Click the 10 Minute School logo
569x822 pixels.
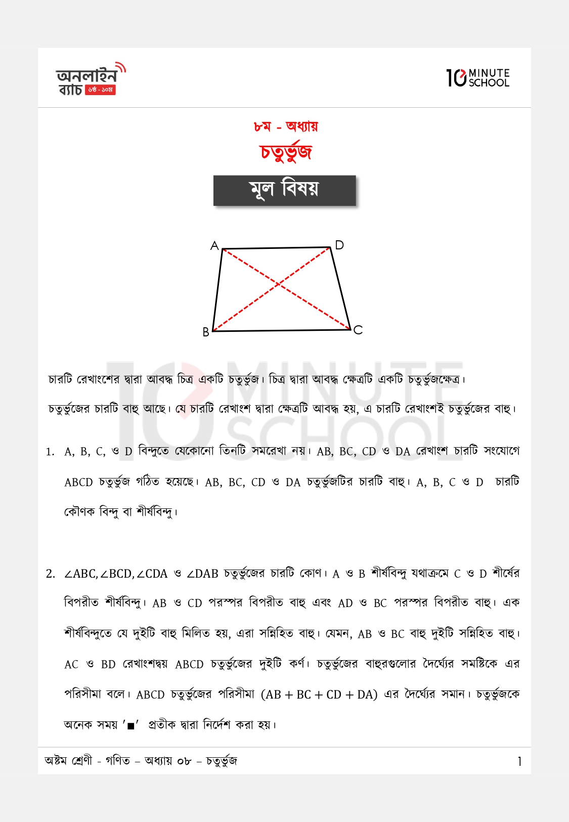click(478, 78)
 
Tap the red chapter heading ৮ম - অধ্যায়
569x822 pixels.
click(286, 126)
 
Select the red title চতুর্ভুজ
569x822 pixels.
click(286, 152)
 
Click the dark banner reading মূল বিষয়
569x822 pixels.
click(285, 190)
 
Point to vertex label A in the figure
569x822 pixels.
click(214, 246)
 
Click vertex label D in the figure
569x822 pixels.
click(339, 245)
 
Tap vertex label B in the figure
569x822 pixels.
click(206, 332)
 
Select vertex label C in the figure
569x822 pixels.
click(358, 330)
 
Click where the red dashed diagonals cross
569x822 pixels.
click(279, 285)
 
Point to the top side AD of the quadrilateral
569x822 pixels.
click(277, 248)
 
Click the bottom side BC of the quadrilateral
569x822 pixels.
click(281, 331)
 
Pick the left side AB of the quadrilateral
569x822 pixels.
click(217, 290)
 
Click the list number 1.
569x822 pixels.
click(50, 452)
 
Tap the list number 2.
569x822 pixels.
click(50, 574)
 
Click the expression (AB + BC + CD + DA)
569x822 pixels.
click(319, 695)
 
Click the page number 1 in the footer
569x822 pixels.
click(519, 761)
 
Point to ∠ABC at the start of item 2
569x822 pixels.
click(80, 574)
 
